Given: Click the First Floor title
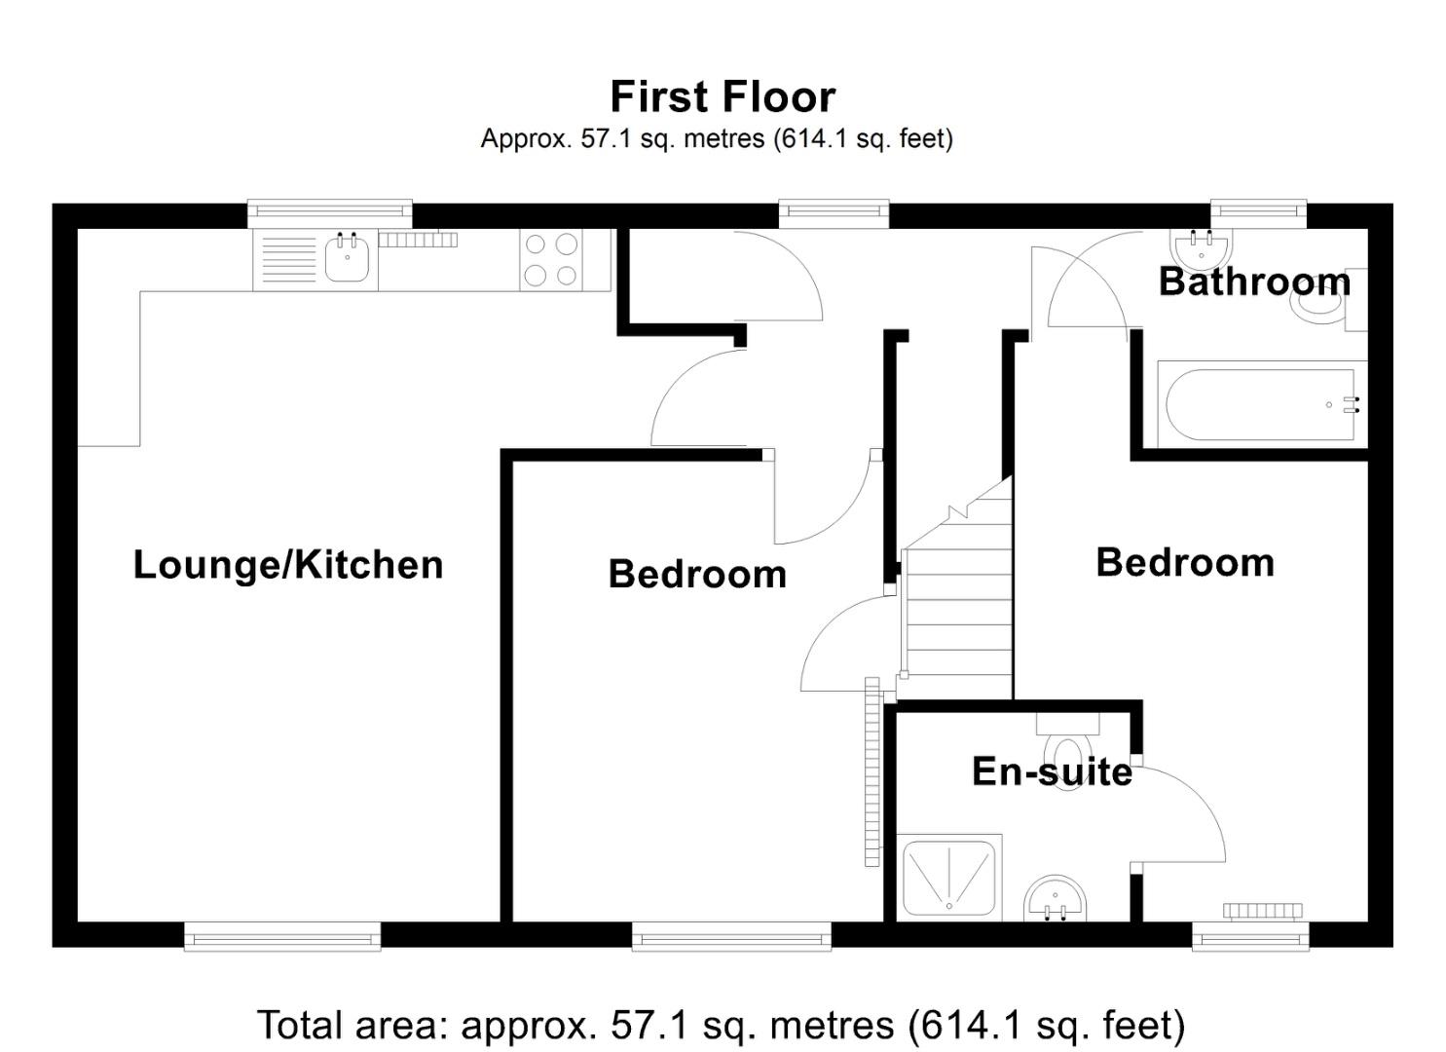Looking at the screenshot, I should tap(723, 97).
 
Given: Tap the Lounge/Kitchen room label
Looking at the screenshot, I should tap(288, 565).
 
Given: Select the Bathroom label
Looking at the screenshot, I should tap(1254, 282).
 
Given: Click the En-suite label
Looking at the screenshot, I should tap(1052, 771).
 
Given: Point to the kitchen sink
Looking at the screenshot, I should tap(346, 259).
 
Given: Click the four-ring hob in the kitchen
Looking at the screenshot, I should tap(550, 260).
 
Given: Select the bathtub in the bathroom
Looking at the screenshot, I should tap(1260, 404).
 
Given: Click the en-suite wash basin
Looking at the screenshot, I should tap(1056, 898).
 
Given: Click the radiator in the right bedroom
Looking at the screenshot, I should tap(1262, 911).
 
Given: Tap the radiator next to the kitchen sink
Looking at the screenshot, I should tap(418, 240).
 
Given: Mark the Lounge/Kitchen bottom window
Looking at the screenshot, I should tap(282, 937).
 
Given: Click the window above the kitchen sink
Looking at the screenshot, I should tap(329, 213).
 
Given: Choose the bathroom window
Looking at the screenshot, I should tap(1258, 213).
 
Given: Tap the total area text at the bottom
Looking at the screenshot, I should tap(721, 1026).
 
